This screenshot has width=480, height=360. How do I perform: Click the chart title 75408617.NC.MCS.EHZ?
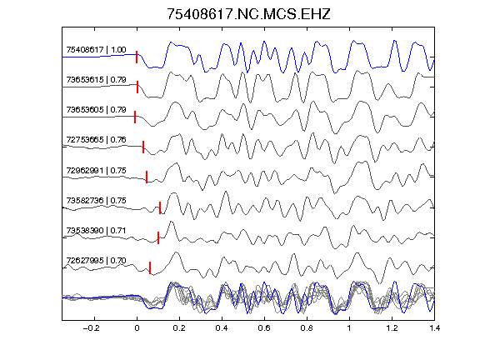click(x=248, y=14)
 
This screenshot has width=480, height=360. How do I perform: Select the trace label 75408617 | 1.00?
click(x=96, y=50)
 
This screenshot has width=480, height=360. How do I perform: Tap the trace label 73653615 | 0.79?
click(x=96, y=80)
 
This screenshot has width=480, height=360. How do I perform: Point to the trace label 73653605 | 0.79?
click(x=96, y=110)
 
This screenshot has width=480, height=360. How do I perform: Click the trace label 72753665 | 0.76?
click(x=96, y=140)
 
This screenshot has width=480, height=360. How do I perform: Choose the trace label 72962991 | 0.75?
click(x=96, y=170)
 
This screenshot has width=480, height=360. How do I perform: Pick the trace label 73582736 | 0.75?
click(x=96, y=200)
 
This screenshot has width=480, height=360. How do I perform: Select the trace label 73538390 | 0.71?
click(x=96, y=230)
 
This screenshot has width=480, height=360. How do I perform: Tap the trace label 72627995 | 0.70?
click(x=96, y=260)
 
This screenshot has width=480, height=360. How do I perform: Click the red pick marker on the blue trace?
click(x=137, y=57)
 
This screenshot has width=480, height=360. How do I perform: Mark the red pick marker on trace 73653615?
click(x=137, y=87)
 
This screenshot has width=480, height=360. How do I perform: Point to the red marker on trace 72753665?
click(x=143, y=147)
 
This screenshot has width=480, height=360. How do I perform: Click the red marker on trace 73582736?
click(x=160, y=207)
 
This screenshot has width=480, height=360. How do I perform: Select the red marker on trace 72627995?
click(x=150, y=267)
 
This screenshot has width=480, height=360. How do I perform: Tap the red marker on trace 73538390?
click(x=158, y=237)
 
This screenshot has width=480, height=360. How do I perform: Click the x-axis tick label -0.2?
click(x=91, y=328)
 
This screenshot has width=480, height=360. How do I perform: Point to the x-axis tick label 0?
click(x=137, y=328)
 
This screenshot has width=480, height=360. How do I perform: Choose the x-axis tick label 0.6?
click(x=264, y=328)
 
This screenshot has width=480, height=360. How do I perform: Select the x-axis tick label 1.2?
click(x=392, y=328)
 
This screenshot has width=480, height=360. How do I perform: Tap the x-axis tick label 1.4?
click(x=434, y=328)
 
